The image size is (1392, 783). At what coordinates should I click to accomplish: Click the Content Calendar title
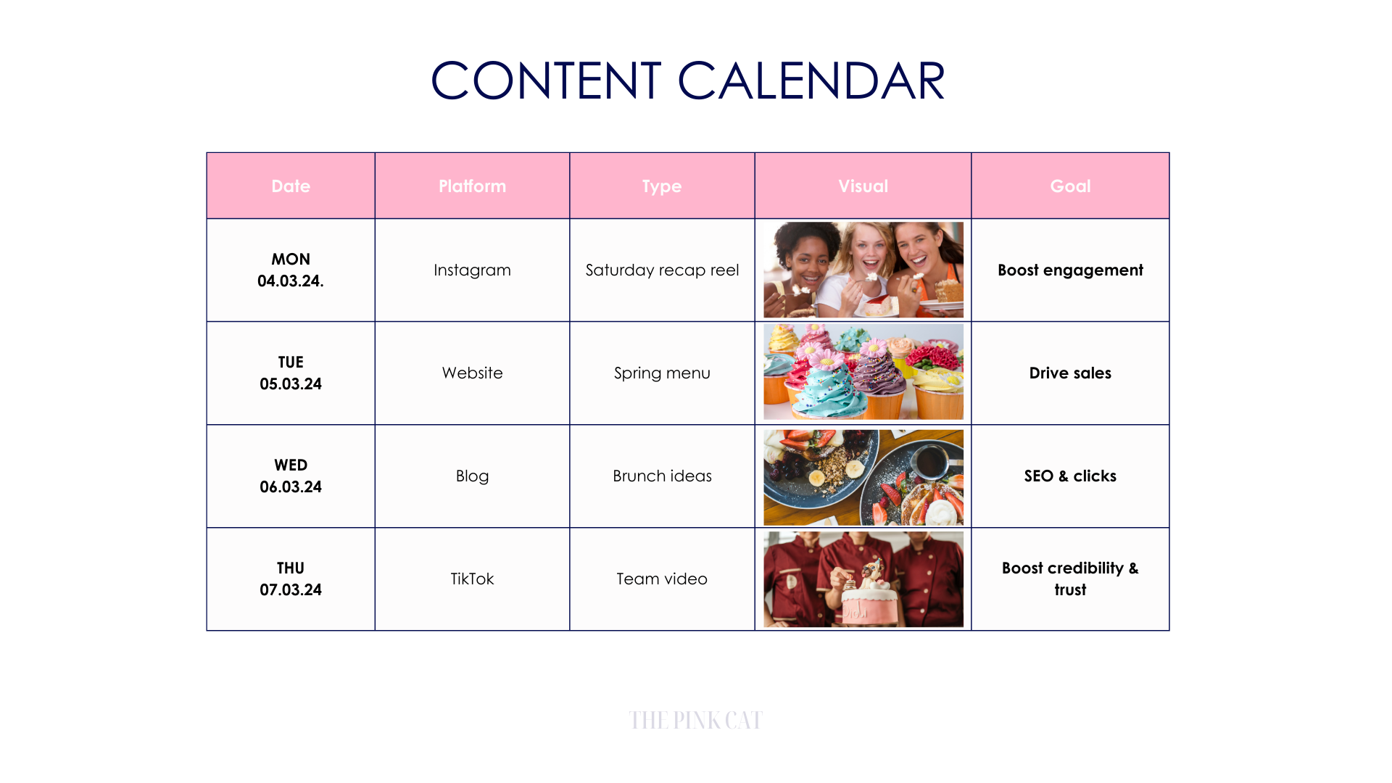pyautogui.click(x=687, y=80)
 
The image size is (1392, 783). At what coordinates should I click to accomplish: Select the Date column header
pyautogui.click(x=291, y=186)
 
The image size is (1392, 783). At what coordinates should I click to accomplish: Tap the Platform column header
pyautogui.click(x=472, y=186)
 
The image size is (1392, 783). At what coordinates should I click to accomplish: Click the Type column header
pyautogui.click(x=662, y=186)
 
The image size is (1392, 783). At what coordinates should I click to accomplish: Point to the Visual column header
pyautogui.click(x=863, y=186)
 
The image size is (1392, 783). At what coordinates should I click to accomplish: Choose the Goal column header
pyautogui.click(x=1070, y=186)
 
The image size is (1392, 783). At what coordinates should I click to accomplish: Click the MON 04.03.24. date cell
pyautogui.click(x=291, y=270)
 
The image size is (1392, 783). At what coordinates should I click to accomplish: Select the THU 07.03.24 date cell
pyautogui.click(x=291, y=579)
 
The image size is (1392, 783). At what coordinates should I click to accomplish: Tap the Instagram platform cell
pyautogui.click(x=472, y=270)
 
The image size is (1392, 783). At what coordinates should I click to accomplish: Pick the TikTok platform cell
pyautogui.click(x=472, y=579)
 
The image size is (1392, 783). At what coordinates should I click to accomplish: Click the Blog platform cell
pyautogui.click(x=472, y=476)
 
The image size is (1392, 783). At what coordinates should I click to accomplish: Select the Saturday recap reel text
pyautogui.click(x=662, y=270)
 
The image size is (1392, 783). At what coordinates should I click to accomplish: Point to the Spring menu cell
pyautogui.click(x=662, y=373)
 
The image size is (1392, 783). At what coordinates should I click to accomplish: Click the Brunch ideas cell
pyautogui.click(x=662, y=476)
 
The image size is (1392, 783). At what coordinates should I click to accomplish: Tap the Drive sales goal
pyautogui.click(x=1070, y=373)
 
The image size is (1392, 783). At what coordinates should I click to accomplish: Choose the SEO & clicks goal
pyautogui.click(x=1070, y=476)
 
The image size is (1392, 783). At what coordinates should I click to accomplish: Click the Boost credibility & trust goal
pyautogui.click(x=1070, y=579)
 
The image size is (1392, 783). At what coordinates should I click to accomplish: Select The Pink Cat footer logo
pyautogui.click(x=695, y=720)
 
